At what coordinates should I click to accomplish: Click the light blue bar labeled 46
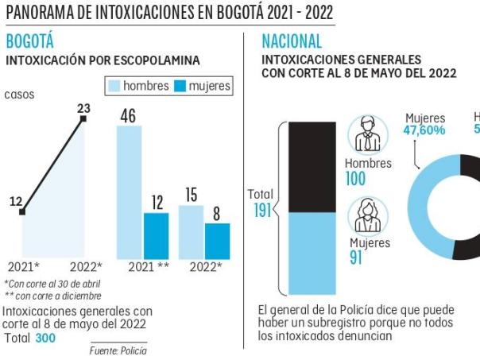pos(130,192)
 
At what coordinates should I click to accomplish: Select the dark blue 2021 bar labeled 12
pos(157,236)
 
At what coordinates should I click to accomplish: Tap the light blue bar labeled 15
pos(191,232)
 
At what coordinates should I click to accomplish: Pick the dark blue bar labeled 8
pos(217,241)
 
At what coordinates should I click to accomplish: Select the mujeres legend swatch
pos(180,86)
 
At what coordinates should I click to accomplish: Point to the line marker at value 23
pos(83,120)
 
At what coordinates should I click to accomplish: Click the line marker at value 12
pos(22,212)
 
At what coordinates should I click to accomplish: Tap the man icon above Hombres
pos(367,134)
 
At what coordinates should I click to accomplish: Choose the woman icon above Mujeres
pos(368,215)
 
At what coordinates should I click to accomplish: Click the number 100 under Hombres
pos(355,180)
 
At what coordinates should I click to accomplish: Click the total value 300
pos(45,339)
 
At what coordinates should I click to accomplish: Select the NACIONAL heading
pos(292,41)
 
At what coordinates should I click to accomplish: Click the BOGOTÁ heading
pos(29,41)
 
